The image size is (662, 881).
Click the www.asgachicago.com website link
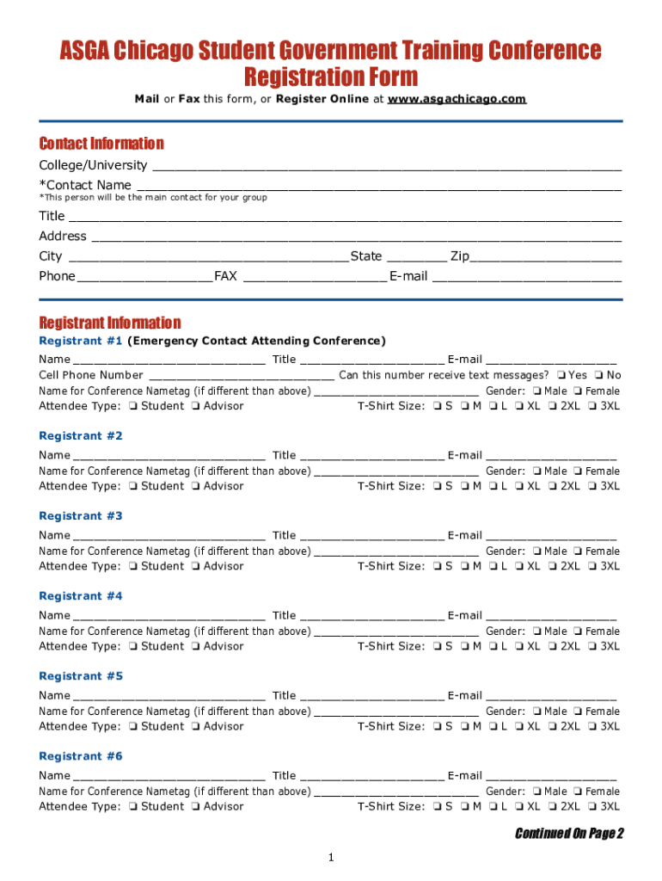click(457, 99)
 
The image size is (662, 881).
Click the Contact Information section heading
click(101, 144)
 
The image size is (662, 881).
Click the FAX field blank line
click(315, 277)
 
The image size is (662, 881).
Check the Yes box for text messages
click(561, 375)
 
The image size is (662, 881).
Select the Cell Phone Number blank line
click(242, 376)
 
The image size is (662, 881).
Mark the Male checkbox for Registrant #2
click(536, 471)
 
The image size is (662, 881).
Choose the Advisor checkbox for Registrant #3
click(196, 567)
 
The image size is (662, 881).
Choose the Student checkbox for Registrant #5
click(133, 727)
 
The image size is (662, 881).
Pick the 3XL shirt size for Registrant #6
click(592, 807)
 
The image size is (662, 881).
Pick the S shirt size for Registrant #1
click(438, 407)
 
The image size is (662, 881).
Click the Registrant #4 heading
click(81, 596)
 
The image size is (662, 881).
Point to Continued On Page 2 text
click(568, 833)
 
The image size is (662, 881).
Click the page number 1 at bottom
click(330, 858)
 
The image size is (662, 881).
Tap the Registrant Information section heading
click(109, 323)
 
